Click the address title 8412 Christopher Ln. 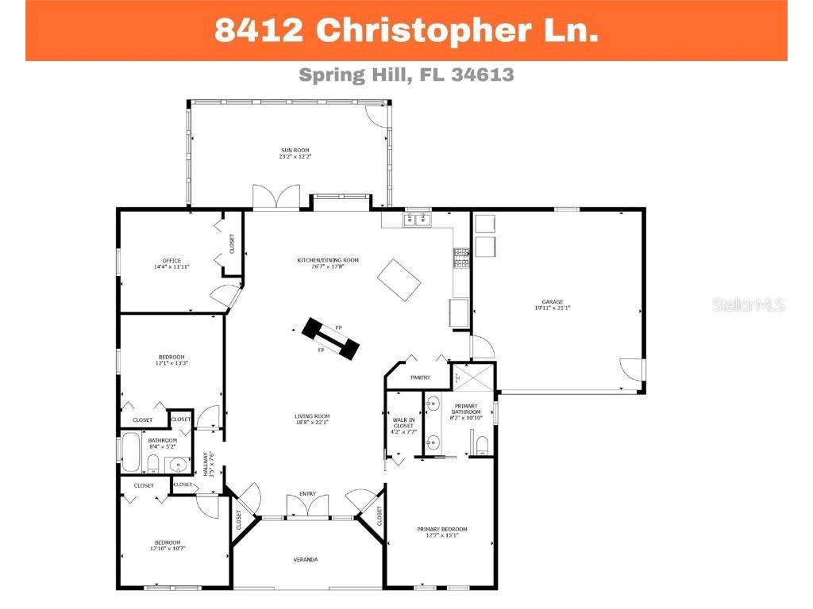[x=406, y=30]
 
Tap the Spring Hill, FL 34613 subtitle [x=406, y=75]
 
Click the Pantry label [x=420, y=377]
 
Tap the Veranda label [x=306, y=560]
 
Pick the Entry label [x=307, y=494]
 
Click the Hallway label [x=207, y=464]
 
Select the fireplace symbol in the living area [x=329, y=339]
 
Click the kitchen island [x=400, y=280]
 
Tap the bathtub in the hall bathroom [x=131, y=452]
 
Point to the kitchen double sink [x=417, y=219]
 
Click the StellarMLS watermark [x=748, y=304]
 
